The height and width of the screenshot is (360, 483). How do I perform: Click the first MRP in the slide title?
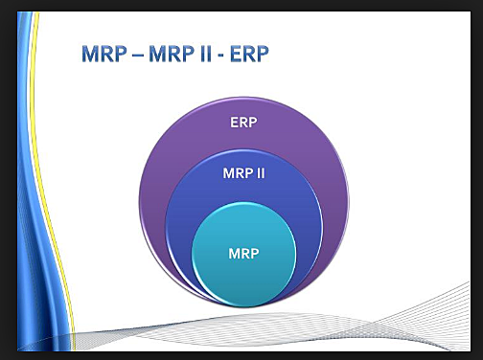tap(103, 55)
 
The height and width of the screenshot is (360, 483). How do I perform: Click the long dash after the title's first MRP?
tap(138, 56)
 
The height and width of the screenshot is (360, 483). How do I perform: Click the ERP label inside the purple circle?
tap(242, 123)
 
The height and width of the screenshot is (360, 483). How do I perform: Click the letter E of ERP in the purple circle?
tap(233, 123)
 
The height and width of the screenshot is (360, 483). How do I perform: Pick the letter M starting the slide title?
tap(90, 55)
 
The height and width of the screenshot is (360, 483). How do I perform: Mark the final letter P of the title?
tap(263, 55)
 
